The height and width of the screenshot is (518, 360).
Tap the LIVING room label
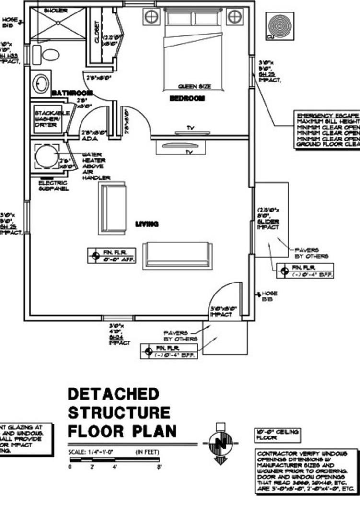(147, 224)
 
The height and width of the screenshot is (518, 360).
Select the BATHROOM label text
(71, 93)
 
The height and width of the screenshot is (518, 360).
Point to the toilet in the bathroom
(49, 54)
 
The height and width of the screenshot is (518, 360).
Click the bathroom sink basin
(41, 83)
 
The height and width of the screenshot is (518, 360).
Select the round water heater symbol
(47, 156)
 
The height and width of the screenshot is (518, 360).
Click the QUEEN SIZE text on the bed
(194, 87)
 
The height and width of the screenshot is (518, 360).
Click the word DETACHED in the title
(113, 394)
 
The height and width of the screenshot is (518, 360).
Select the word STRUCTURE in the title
(119, 412)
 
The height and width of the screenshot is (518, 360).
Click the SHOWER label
(55, 10)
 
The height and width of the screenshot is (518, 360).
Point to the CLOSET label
(97, 33)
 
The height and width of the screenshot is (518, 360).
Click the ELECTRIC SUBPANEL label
(53, 186)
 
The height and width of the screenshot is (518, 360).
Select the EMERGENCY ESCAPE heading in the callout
(327, 116)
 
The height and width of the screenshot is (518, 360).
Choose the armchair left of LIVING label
(112, 208)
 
